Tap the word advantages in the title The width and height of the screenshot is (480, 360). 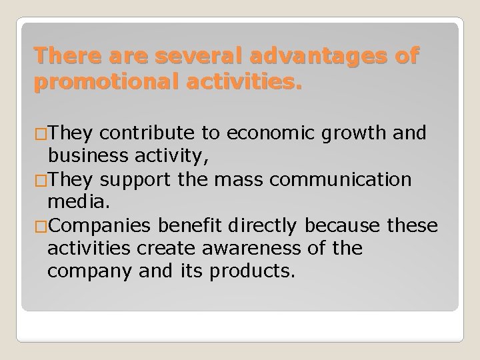[321, 56]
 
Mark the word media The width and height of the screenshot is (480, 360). [74, 202]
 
